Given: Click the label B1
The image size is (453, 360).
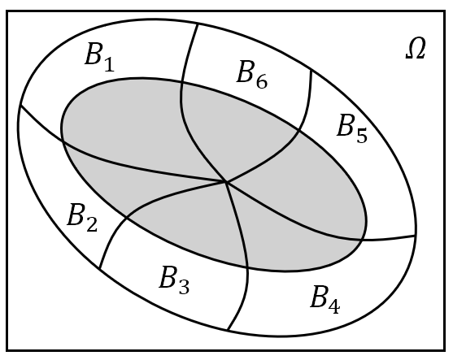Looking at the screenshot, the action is click(100, 57).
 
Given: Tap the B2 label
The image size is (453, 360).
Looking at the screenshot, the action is click(82, 218).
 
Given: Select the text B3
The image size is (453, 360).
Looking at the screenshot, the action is click(174, 280).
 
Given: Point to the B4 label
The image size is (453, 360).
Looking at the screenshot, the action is click(325, 299).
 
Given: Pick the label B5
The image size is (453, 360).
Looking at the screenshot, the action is click(352, 128).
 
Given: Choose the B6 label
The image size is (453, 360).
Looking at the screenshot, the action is click(252, 74).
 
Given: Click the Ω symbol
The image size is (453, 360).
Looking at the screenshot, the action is click(416, 49).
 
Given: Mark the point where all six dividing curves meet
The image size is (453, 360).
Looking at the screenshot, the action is click(226, 182).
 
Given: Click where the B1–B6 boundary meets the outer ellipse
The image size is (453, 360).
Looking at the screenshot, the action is click(198, 25).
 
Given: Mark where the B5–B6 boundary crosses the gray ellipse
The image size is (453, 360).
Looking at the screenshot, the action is click(299, 131).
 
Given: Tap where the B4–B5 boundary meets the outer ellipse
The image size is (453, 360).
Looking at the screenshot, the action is click(416, 236).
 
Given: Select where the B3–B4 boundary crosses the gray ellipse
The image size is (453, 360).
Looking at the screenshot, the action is click(247, 267).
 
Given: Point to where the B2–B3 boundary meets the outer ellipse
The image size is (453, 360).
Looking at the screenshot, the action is click(99, 268).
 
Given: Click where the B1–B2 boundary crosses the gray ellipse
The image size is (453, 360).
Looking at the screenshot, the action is click(63, 141).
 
